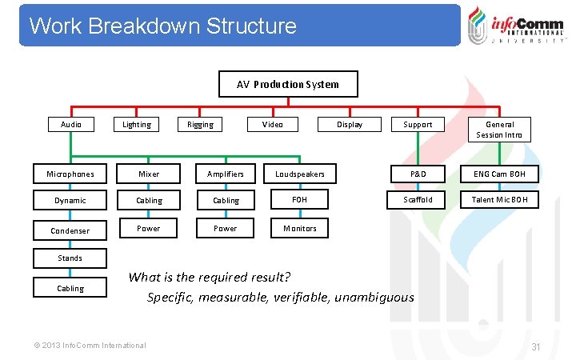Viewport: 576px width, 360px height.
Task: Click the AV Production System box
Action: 288,84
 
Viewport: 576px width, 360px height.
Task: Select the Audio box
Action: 71,124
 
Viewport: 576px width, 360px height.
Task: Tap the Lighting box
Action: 136,124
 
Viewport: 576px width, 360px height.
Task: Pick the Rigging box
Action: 200,124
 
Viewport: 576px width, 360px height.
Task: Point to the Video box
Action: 272,124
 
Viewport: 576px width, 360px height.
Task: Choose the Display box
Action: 349,124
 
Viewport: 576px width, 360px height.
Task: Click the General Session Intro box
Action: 499,129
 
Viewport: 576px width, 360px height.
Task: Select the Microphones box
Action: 70,174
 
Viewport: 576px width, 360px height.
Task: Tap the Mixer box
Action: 149,174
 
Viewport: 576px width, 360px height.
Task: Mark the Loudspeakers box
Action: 300,174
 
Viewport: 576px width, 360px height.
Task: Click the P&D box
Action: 418,174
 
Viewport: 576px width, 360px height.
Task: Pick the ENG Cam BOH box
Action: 499,174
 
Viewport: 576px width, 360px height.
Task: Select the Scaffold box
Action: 418,200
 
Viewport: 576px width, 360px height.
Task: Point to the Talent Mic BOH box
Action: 499,200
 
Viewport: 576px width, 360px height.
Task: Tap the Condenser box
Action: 70,230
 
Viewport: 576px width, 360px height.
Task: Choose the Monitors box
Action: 300,228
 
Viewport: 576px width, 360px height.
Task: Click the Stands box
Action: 70,258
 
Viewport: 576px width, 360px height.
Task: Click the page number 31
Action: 537,346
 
